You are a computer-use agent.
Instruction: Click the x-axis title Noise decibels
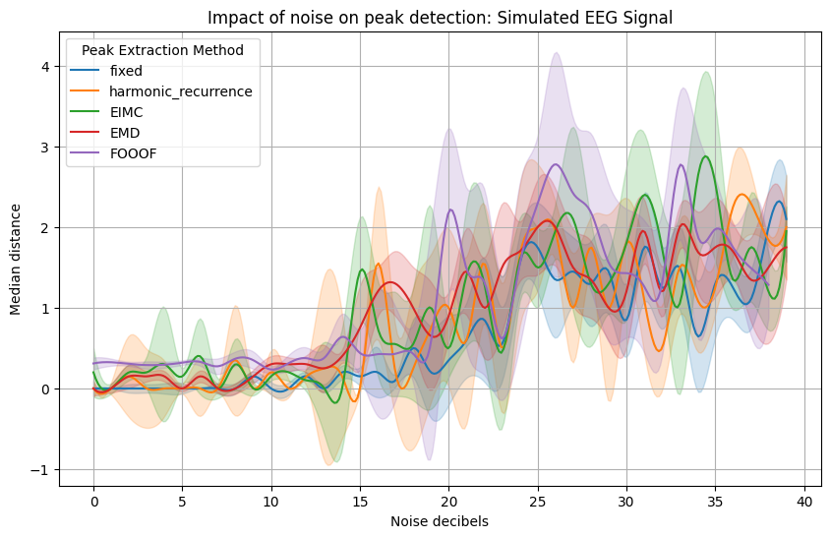(440, 521)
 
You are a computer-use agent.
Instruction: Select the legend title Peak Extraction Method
(163, 49)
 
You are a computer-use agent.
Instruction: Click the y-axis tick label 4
(44, 67)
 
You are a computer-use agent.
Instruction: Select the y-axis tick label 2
(44, 228)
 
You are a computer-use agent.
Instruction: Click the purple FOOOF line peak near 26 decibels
(556, 164)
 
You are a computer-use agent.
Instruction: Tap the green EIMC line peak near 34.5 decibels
(706, 156)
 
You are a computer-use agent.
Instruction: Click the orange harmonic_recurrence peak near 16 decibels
(379, 264)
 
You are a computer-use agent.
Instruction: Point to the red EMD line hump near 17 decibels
(391, 282)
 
